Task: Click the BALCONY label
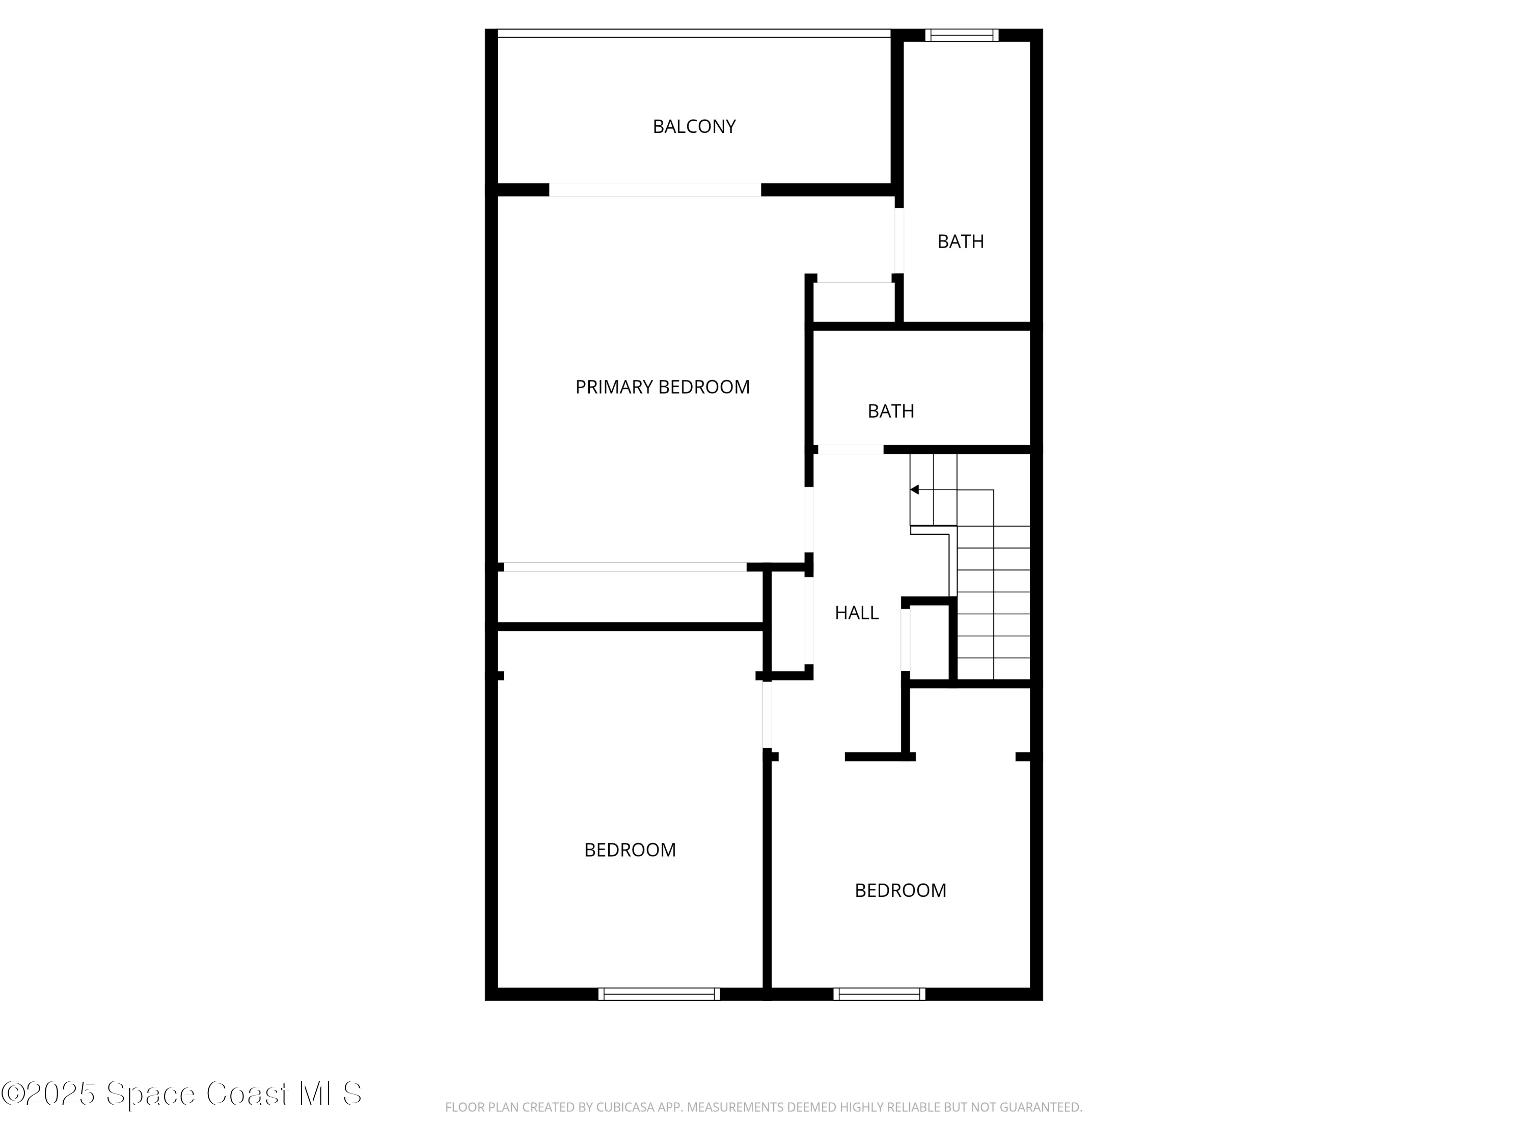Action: (x=694, y=126)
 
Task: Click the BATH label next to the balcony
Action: (x=960, y=241)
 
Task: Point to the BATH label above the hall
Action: (x=890, y=411)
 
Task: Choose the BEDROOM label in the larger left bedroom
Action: (x=630, y=850)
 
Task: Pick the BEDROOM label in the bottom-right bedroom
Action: (x=900, y=890)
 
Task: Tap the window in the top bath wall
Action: (x=962, y=35)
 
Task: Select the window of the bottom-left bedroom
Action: (x=659, y=994)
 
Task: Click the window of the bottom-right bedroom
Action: (x=879, y=994)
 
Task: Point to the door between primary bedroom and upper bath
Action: (x=898, y=240)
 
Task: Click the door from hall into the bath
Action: (x=851, y=450)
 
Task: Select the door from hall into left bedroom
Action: (x=767, y=715)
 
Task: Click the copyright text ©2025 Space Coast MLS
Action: (x=181, y=1094)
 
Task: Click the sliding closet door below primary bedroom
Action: (x=624, y=567)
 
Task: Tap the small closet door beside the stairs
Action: (x=905, y=640)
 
